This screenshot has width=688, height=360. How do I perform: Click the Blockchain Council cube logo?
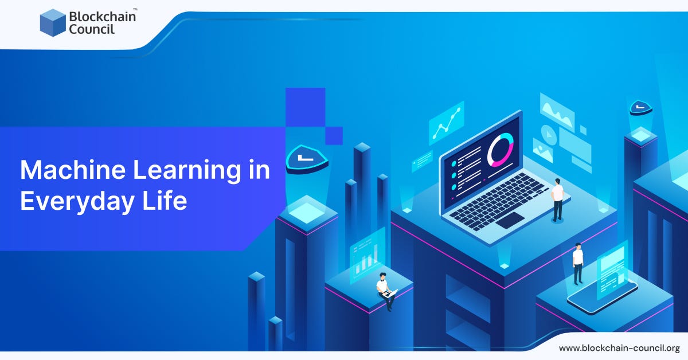coord(53,23)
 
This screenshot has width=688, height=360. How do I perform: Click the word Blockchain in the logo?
coord(103,16)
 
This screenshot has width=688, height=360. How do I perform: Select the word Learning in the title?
coord(182,170)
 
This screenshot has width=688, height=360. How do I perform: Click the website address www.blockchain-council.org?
coord(619,348)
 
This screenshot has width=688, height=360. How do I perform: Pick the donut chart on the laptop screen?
coord(500,150)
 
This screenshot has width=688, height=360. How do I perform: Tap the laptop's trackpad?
coord(510,220)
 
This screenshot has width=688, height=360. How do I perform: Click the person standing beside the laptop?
coord(557,199)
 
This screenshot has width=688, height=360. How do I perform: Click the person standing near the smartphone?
coord(578,263)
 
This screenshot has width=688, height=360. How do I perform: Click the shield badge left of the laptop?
coord(307,158)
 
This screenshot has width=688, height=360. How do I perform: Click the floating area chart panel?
coord(557,110)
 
